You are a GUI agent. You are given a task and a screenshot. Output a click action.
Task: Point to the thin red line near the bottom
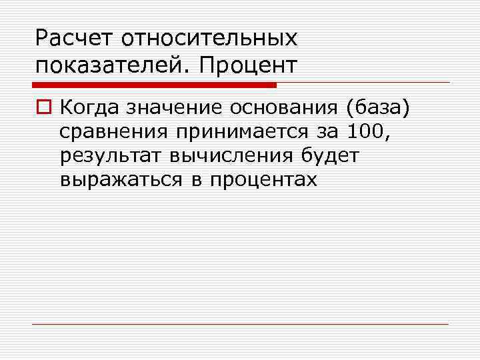coord(240,324)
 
